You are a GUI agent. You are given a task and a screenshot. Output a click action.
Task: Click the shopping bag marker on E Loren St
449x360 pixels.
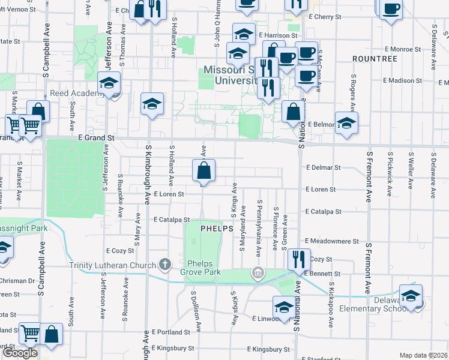tap(203, 171)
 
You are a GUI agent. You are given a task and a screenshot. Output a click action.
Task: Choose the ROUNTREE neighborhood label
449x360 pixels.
tap(375, 59)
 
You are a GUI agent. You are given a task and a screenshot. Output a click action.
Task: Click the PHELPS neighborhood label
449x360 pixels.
tap(216, 229)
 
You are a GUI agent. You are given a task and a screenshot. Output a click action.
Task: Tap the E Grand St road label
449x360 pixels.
tap(96, 137)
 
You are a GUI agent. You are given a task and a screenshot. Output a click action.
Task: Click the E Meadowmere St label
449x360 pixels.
tap(331, 241)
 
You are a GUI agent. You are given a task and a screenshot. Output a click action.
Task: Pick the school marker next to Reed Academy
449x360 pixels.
tap(109, 83)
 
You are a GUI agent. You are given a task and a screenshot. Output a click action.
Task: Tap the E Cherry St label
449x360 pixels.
tap(325, 17)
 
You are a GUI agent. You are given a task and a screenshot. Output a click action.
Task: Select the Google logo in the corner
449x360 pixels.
tap(20, 353)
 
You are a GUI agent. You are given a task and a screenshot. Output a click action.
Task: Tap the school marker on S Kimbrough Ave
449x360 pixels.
tap(152, 104)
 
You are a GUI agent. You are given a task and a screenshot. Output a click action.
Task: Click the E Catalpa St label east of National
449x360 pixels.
tap(323, 212)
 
